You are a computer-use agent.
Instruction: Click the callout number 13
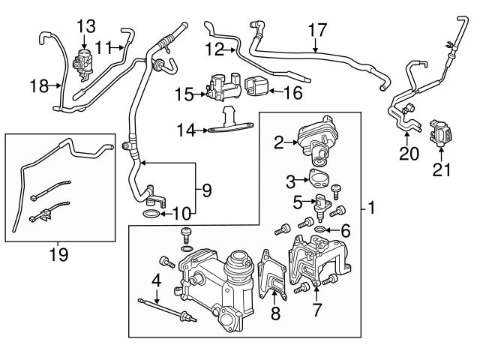coord(85,26)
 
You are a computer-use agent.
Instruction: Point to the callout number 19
coord(58,255)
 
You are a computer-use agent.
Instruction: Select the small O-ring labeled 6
coord(320,229)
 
